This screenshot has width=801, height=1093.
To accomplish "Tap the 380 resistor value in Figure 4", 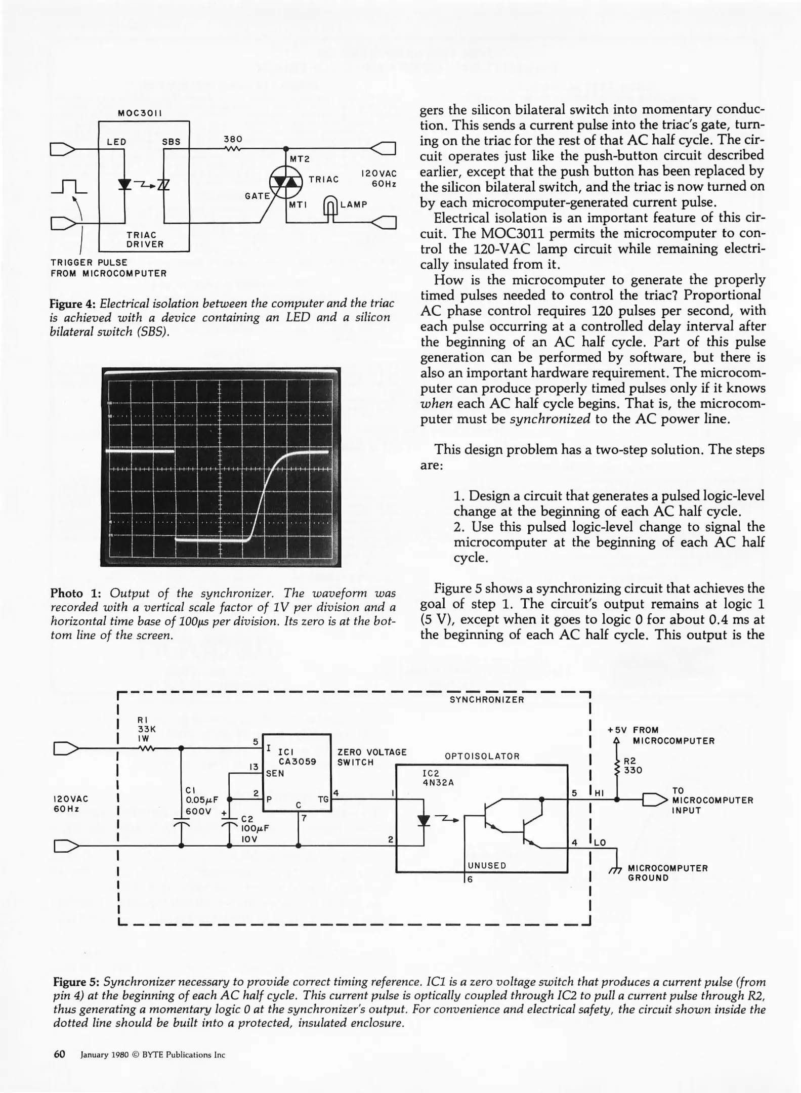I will point(233,139).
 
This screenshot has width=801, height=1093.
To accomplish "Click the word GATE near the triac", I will point(257,196).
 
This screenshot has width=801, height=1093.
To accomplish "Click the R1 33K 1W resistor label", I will point(146,729).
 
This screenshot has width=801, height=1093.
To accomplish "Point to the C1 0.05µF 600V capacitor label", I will point(201,800).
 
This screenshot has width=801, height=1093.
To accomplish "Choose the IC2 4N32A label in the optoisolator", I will point(438,778).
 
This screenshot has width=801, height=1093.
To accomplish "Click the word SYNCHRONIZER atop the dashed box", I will point(487,700).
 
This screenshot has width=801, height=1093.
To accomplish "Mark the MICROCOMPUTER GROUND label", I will point(667,873).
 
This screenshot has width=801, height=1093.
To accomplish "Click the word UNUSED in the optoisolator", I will point(487,865).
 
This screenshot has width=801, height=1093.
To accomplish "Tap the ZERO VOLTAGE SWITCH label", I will point(371,757).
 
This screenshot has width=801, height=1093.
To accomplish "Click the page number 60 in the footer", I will point(60,1055).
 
